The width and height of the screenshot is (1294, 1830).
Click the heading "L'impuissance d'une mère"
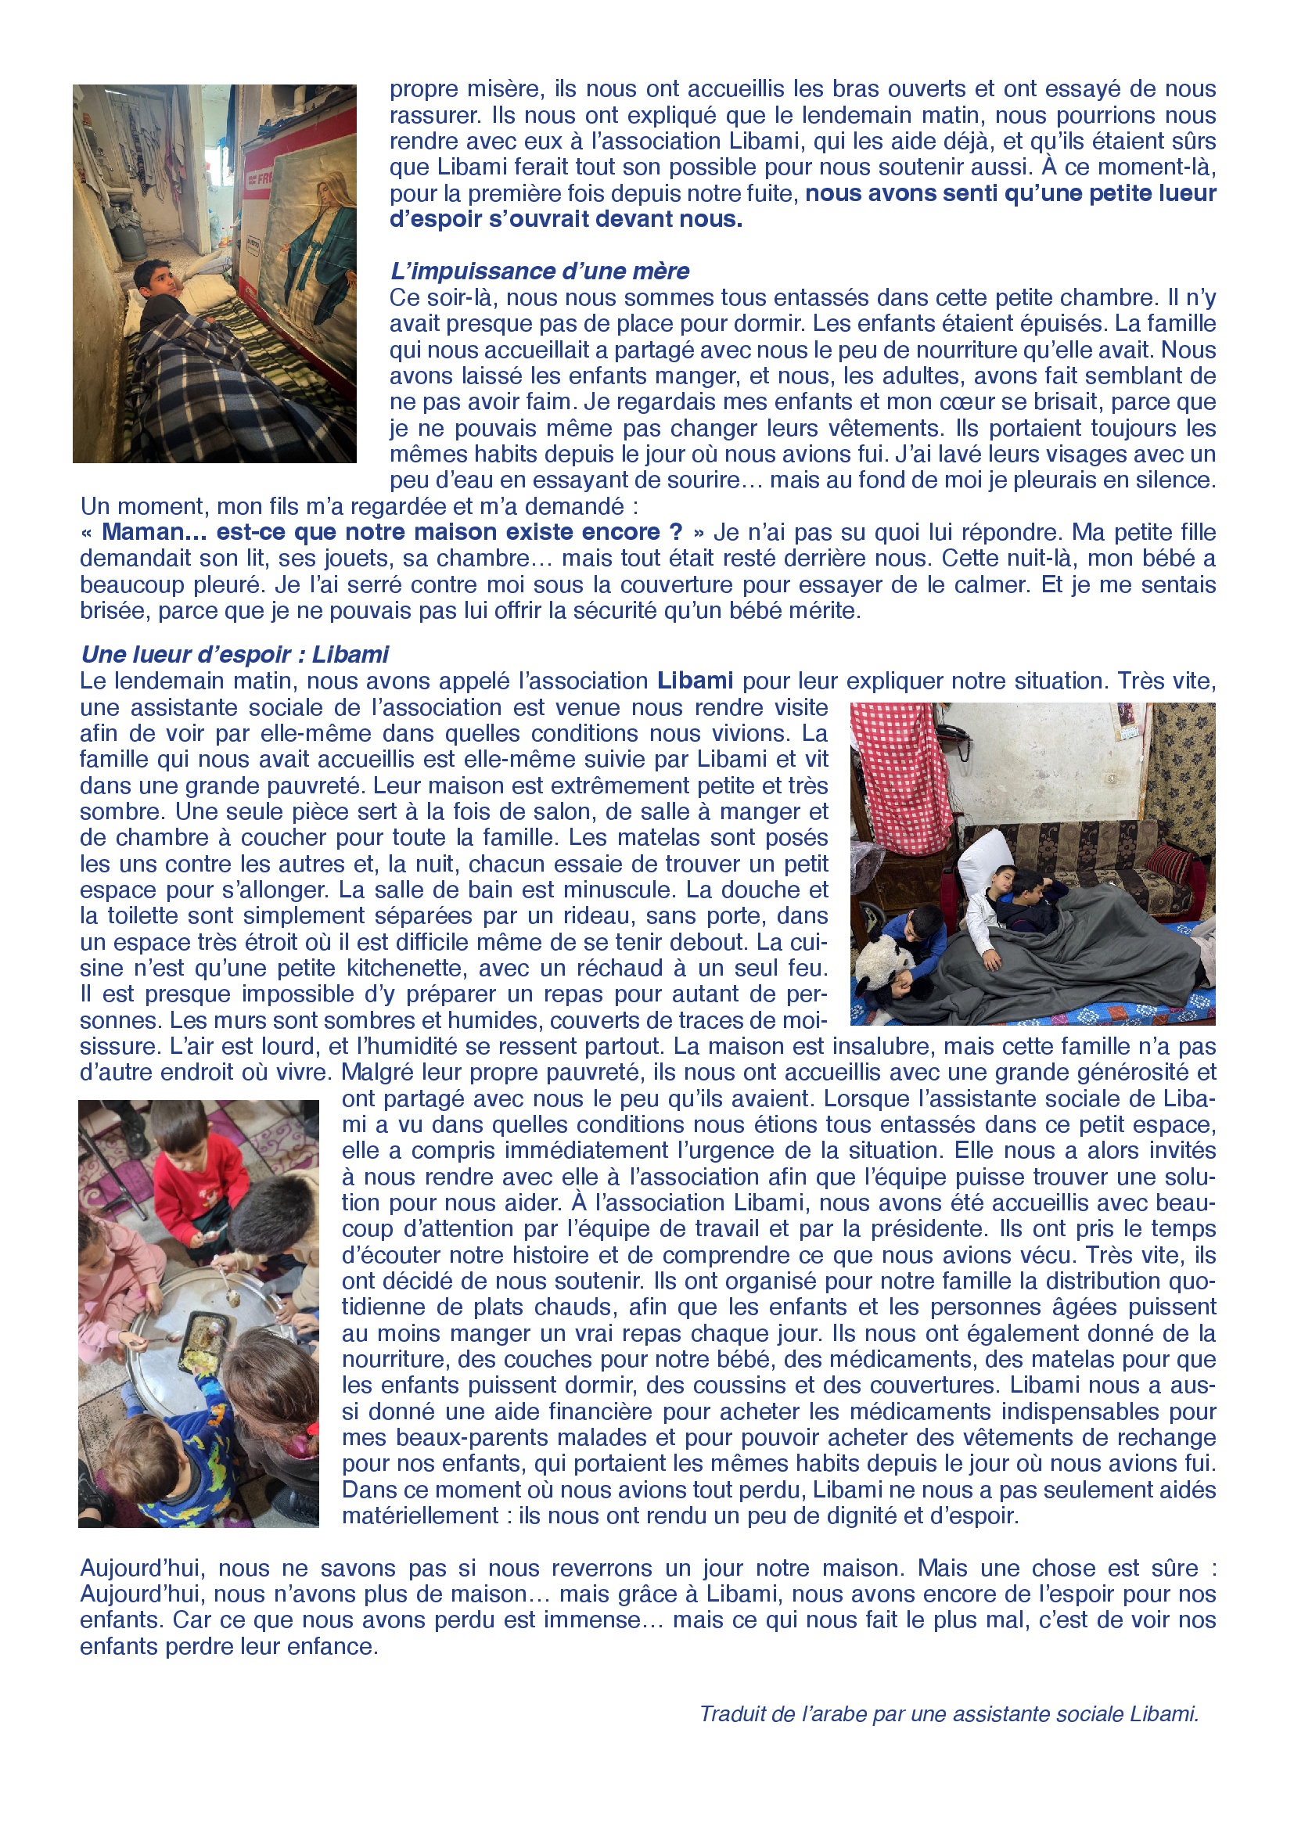(x=540, y=271)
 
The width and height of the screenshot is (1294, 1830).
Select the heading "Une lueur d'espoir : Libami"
(x=234, y=654)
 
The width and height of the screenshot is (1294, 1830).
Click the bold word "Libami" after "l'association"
(x=695, y=681)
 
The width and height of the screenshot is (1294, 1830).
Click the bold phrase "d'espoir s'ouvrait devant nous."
(x=566, y=219)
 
